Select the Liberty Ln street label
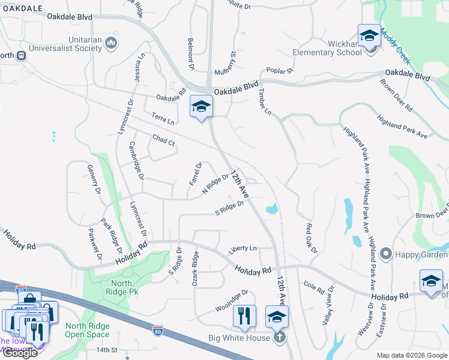tap(243, 248)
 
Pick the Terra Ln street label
tap(163, 118)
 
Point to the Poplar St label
tap(280, 71)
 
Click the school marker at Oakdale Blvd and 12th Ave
tap(202, 106)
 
